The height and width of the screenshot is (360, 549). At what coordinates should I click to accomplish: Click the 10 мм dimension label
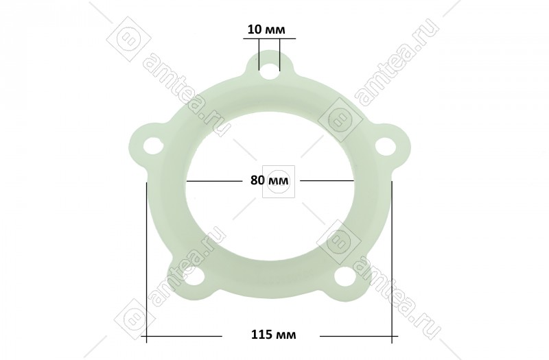[266, 29]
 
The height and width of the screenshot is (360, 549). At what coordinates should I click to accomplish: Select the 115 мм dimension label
[273, 335]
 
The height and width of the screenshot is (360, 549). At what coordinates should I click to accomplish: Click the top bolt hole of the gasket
[269, 68]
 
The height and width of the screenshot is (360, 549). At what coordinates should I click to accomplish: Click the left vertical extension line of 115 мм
[146, 262]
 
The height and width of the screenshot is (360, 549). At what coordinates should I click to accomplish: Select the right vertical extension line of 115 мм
[392, 262]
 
